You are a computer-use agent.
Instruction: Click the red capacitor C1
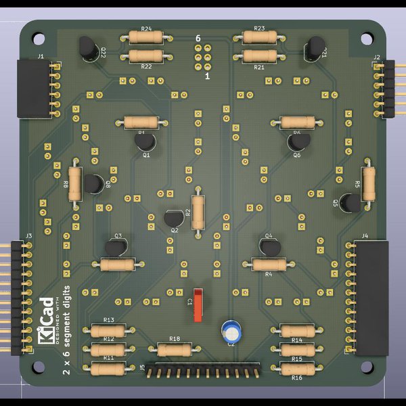coord(198,304)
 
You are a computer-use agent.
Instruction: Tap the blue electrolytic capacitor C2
coord(232,331)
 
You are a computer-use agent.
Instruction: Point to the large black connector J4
coord(371,296)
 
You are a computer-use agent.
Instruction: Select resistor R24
coord(145,37)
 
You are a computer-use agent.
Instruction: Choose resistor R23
coord(258,37)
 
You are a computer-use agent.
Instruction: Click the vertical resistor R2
coord(198,212)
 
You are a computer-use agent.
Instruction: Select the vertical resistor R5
coord(368,183)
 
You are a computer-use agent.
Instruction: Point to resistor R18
coord(175,349)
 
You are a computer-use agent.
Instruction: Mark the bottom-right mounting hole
coord(366,366)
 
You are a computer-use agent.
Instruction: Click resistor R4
coord(269,264)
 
